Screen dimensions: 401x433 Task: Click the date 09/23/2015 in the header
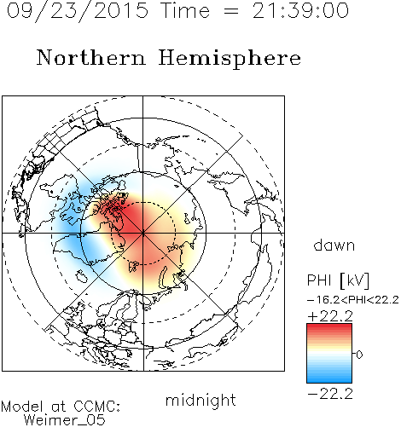pos(78,11)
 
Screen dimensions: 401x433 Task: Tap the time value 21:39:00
pos(300,11)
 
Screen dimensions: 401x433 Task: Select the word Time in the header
pos(185,11)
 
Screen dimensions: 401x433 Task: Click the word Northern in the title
pos(91,57)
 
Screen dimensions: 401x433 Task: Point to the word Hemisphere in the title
pos(230,59)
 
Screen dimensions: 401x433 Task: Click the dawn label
pos(334,245)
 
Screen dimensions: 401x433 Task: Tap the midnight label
pos(200,400)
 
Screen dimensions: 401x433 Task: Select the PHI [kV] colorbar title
pos(338,280)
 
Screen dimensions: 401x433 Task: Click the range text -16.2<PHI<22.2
pos(353,300)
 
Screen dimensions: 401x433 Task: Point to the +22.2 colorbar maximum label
pos(330,316)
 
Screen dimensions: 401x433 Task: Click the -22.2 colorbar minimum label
pos(330,394)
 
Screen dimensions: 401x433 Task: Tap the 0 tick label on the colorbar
pos(359,355)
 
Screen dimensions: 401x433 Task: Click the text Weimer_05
pos(65,420)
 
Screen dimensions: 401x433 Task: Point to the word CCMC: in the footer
pos(96,407)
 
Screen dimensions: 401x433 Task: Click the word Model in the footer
pos(22,407)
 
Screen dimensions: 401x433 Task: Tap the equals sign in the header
pos(231,11)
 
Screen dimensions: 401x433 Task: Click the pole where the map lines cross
pos(143,234)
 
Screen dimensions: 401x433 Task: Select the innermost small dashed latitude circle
pos(143,202)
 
